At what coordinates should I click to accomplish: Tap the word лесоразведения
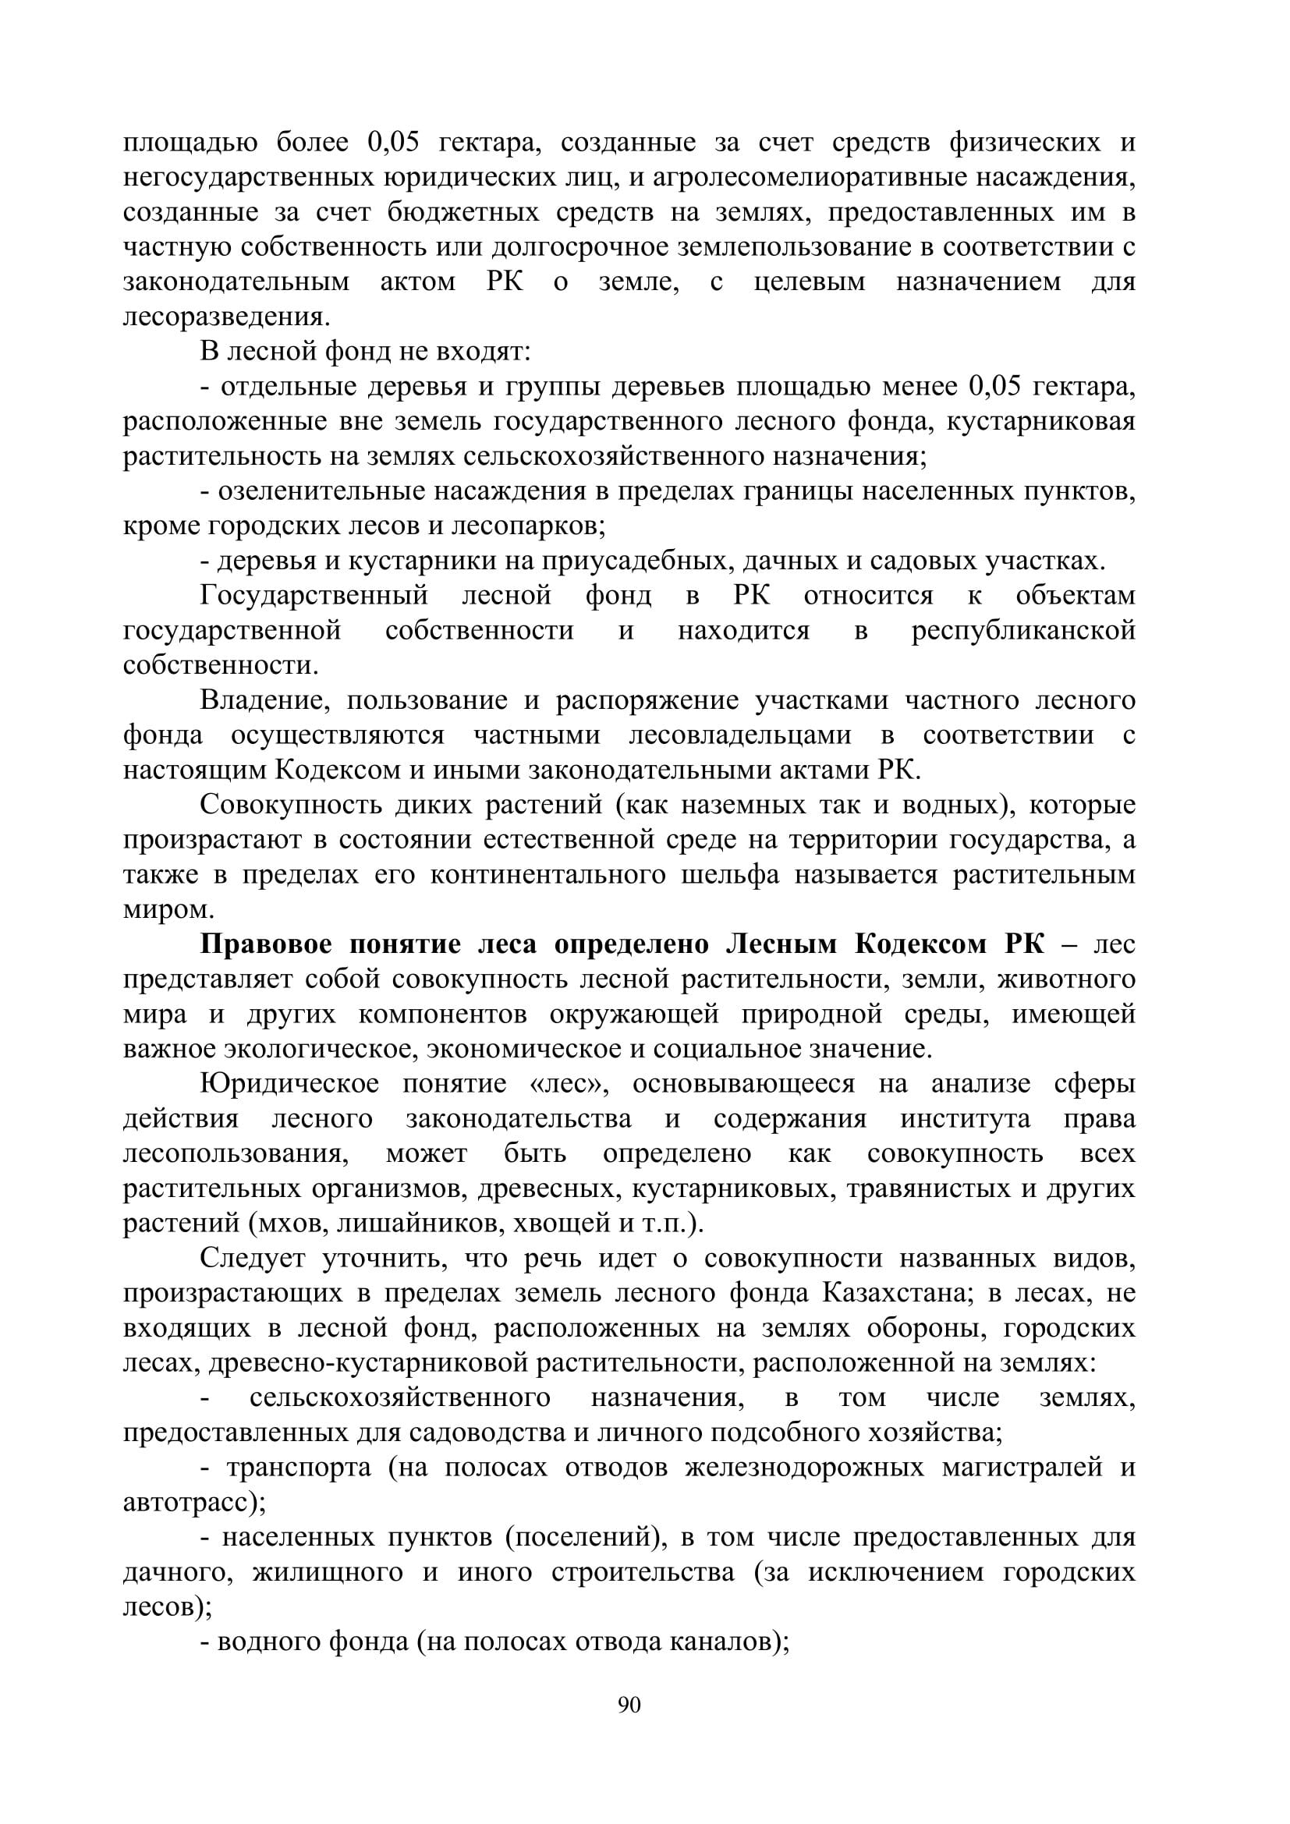[x=225, y=317]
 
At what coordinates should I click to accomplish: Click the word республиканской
[x=1023, y=632]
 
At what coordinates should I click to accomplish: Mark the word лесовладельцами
[x=739, y=736]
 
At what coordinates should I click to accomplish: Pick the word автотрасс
[x=186, y=1503]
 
